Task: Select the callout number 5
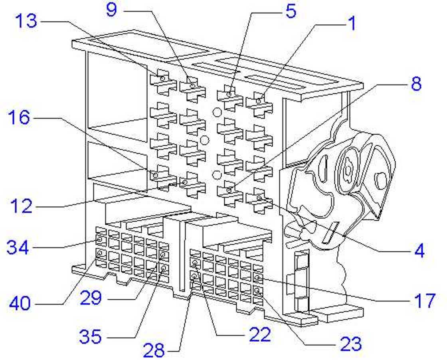point(291,11)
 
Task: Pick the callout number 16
point(19,117)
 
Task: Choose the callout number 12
point(22,206)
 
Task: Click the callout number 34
point(18,247)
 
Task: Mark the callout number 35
point(90,336)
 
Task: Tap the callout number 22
point(260,334)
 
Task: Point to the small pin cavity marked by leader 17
point(257,277)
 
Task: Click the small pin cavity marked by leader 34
point(99,240)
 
